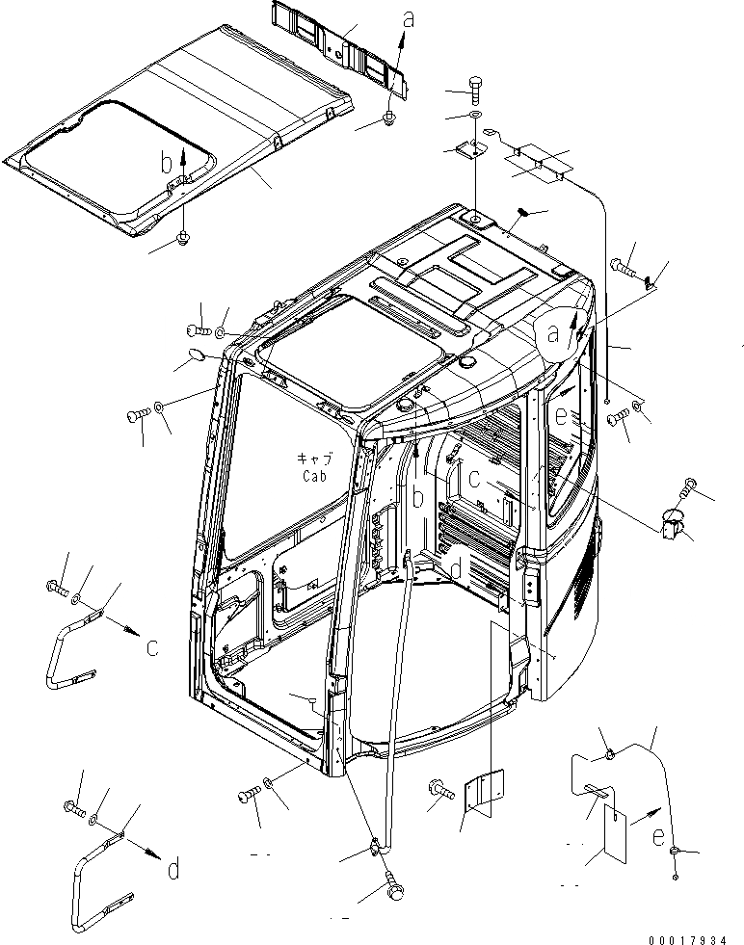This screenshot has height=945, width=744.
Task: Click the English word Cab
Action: coord(313,476)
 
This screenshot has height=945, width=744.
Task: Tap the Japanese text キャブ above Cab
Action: coord(314,460)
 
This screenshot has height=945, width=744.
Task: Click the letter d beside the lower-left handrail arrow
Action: coord(173,869)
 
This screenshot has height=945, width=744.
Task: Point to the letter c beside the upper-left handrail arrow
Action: coord(152,647)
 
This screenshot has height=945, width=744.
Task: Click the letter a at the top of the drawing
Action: coord(410,17)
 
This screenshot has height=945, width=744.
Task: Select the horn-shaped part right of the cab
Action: coord(672,526)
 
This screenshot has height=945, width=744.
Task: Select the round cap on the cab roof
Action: coord(470,361)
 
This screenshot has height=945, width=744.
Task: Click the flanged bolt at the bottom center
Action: coord(440,789)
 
